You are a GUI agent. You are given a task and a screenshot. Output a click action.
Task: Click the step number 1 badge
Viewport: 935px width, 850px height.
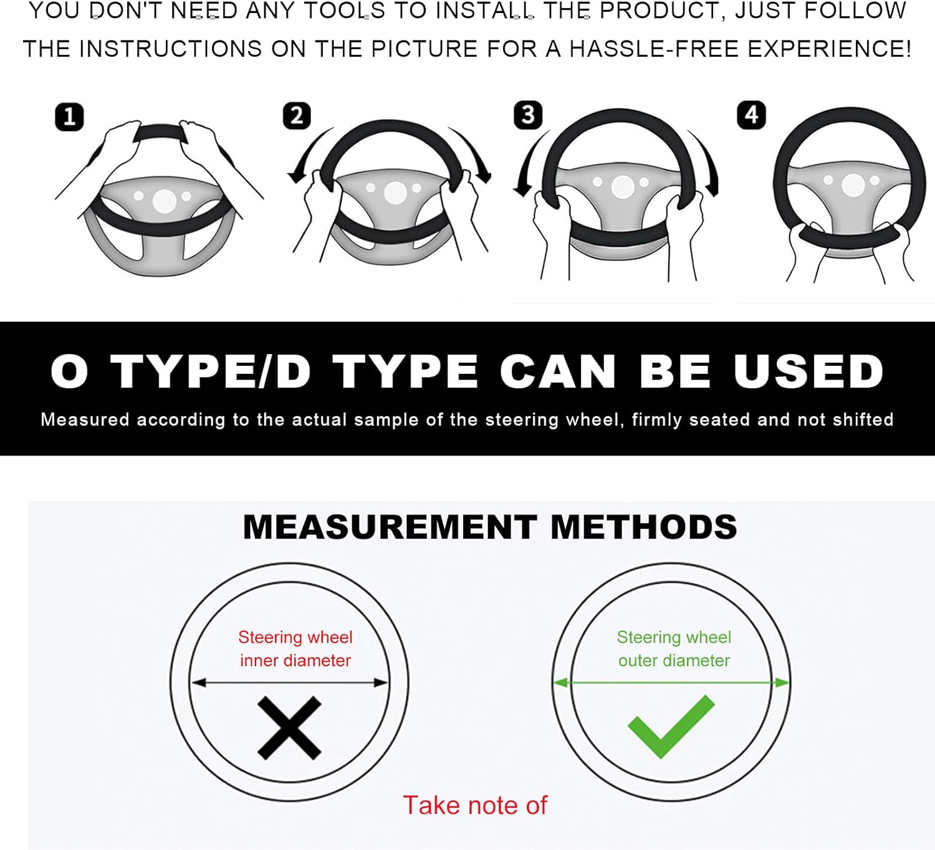pos(69,117)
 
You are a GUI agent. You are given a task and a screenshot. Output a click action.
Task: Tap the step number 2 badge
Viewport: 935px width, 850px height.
pos(297,115)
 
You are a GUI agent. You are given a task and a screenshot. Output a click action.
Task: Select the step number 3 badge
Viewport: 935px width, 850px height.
pos(527,115)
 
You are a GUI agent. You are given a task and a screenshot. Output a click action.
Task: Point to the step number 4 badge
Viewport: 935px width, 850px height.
pos(751,115)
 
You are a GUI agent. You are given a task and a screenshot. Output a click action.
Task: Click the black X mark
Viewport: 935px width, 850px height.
pos(289,728)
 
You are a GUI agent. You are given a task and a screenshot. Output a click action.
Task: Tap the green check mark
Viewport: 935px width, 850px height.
pos(671,727)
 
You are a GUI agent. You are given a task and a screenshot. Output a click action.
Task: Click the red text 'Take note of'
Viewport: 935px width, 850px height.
pos(475,805)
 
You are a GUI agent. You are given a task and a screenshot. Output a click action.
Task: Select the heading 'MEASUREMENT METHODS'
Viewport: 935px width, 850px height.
pos(490,527)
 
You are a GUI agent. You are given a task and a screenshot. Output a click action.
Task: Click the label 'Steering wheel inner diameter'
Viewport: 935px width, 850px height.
pos(295,649)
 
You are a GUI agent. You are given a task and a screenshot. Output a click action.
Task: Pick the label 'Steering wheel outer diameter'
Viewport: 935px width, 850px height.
pos(674,649)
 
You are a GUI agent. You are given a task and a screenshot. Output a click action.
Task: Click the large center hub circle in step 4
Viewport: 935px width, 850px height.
pos(853,185)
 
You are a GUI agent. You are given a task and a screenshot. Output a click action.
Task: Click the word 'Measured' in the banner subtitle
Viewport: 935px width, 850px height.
pos(85,419)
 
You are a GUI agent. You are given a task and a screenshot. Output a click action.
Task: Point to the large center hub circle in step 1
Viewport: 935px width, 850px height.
pos(164,202)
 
